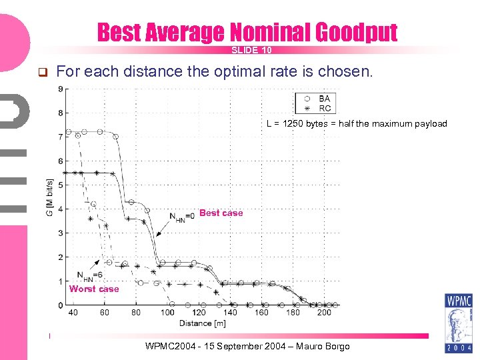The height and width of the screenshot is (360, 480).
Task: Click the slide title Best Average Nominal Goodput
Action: (247, 32)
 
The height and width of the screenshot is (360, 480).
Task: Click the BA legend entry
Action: (325, 99)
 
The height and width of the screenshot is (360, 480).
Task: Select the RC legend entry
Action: (325, 108)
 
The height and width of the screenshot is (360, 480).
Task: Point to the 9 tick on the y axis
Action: (61, 89)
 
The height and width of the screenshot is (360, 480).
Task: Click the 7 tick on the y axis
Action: (61, 137)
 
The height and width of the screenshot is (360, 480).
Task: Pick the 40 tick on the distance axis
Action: (73, 313)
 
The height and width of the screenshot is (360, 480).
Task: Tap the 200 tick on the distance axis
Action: (324, 313)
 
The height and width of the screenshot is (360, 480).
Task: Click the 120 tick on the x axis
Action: (199, 313)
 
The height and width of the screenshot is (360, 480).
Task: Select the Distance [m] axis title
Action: (202, 323)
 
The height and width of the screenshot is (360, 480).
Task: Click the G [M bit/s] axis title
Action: (50, 197)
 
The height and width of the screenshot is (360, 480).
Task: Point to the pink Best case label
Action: (221, 213)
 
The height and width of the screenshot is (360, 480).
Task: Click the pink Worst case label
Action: (94, 289)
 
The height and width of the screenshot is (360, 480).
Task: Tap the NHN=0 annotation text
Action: (182, 217)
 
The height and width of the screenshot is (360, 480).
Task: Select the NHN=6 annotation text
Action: (89, 275)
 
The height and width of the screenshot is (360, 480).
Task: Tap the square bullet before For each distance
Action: (41, 72)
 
